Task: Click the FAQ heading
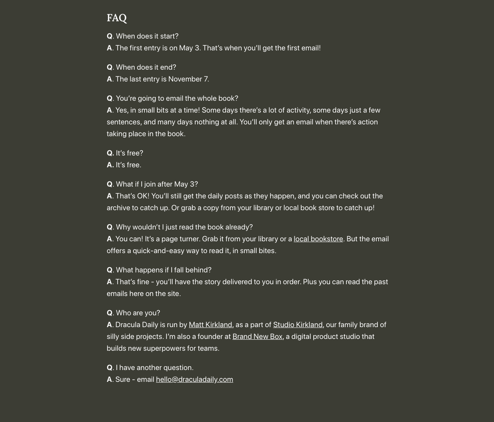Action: coord(117,18)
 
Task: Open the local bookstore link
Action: coord(318,239)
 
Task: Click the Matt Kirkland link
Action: coord(210,325)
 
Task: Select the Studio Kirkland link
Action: coord(298,325)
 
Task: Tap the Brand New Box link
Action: coord(257,337)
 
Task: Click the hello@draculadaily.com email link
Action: coord(194,379)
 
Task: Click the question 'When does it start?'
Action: coord(147,36)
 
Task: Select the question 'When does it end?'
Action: coord(146,67)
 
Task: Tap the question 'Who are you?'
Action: coord(138,313)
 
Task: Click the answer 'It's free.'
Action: coord(128,165)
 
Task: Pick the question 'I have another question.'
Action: coord(154,368)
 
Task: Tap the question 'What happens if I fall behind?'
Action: coord(163,270)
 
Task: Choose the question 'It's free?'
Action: coord(129,153)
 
